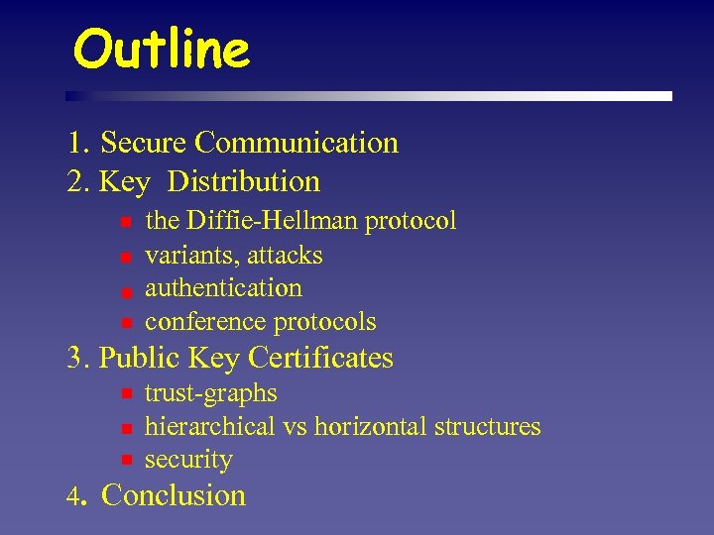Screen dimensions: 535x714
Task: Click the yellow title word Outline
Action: click(162, 49)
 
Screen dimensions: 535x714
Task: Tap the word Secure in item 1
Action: click(145, 143)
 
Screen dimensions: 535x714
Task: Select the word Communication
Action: click(297, 143)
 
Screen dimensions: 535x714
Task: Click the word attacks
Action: click(285, 256)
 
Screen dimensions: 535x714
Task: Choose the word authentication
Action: click(223, 288)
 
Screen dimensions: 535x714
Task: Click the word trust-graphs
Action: click(211, 393)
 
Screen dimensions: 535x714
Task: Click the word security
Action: click(188, 461)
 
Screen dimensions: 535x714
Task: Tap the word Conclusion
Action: click(174, 494)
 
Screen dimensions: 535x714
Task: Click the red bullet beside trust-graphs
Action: click(126, 394)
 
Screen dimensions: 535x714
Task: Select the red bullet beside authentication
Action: click(126, 290)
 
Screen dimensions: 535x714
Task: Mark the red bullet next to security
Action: click(126, 461)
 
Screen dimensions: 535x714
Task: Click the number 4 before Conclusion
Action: click(73, 496)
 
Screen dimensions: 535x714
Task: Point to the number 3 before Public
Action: click(75, 358)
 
